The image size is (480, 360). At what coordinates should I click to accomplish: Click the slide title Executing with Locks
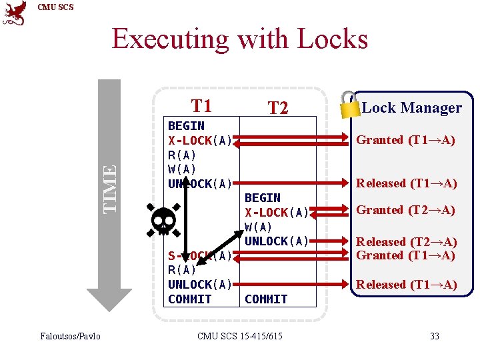point(239,39)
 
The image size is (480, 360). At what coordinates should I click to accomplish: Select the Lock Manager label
point(411,107)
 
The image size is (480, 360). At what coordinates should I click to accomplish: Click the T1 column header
point(201,106)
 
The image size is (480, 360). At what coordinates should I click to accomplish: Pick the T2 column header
point(277,108)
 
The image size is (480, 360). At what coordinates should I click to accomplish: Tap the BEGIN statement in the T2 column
point(263,198)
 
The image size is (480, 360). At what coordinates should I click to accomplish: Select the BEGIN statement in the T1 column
point(186,126)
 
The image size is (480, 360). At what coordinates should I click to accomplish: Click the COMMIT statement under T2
point(266,299)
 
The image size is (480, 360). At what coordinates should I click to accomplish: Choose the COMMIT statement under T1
point(189,299)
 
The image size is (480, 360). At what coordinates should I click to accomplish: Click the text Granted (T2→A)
point(405,210)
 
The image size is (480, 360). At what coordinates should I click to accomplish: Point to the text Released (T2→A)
point(406,242)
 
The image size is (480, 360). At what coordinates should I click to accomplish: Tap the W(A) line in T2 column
point(258,227)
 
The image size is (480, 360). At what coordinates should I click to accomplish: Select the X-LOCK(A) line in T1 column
point(200,141)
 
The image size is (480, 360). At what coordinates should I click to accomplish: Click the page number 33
point(434,336)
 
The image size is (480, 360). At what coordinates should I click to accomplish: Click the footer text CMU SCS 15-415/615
point(240,336)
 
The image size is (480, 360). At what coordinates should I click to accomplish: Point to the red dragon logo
point(14,13)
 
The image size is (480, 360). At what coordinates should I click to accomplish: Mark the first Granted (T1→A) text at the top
point(405,140)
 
